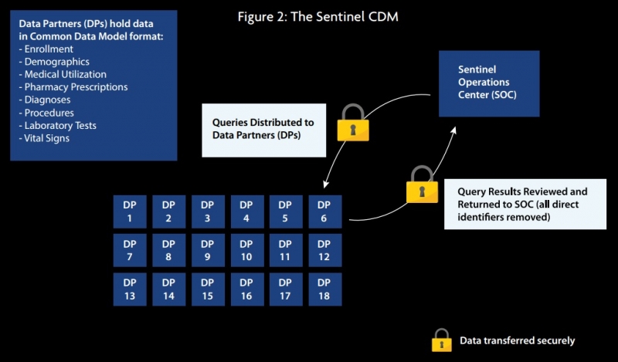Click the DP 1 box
click(x=130, y=211)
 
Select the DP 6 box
click(x=324, y=211)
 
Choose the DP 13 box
click(x=130, y=289)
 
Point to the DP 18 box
click(x=324, y=289)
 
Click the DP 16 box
click(x=246, y=289)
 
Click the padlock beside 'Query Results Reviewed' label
click(x=422, y=185)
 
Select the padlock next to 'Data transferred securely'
click(x=441, y=340)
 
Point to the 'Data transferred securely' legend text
click(x=517, y=340)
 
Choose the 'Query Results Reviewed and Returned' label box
click(x=521, y=204)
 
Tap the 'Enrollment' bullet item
click(x=48, y=49)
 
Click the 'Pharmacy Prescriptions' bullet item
click(x=76, y=87)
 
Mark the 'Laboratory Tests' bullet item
click(x=62, y=125)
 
